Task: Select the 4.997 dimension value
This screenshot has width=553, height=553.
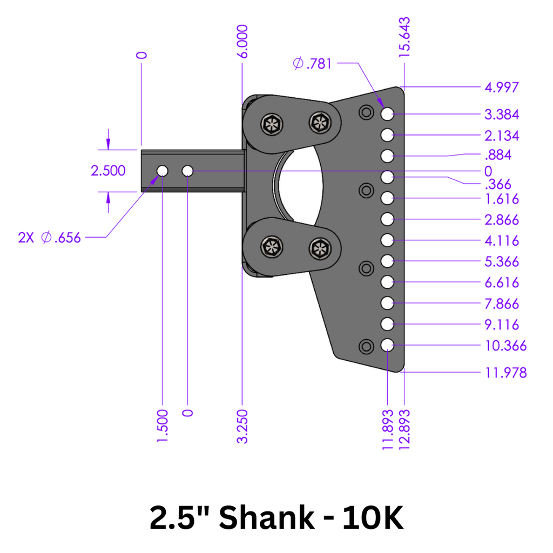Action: [502, 87]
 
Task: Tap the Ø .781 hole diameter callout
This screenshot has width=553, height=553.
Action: [313, 64]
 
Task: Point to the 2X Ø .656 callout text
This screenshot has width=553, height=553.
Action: [49, 238]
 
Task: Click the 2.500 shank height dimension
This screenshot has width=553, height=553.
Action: [108, 171]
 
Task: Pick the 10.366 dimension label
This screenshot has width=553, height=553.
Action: [506, 346]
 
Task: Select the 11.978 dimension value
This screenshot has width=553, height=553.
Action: [506, 372]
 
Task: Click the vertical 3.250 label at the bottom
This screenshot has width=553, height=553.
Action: [242, 427]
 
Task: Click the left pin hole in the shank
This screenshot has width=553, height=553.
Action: [162, 171]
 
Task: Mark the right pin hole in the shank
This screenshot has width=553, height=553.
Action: [188, 171]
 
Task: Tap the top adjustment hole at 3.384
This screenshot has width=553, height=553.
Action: [387, 114]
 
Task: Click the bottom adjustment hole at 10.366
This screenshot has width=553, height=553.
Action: [387, 345]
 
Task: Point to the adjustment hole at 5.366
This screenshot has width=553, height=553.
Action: [387, 261]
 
